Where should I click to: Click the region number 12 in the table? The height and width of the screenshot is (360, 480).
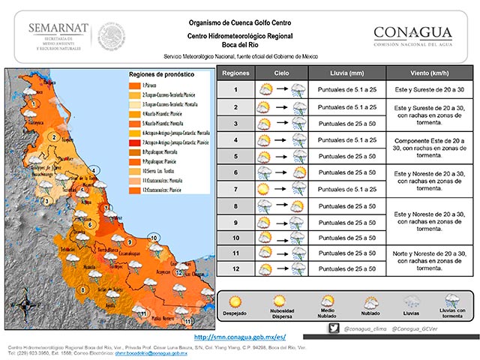pyautogui.click(x=235, y=267)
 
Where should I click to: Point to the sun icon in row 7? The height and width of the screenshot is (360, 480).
pyautogui.click(x=265, y=188)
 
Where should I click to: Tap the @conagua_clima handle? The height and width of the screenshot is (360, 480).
pyautogui.click(x=364, y=328)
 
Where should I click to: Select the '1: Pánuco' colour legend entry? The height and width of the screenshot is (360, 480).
pyautogui.click(x=149, y=87)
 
